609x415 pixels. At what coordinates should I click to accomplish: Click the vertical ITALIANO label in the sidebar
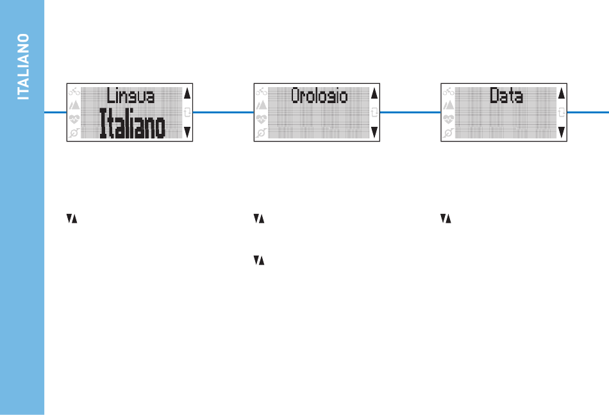pyautogui.click(x=23, y=67)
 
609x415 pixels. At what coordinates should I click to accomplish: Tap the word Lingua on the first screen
pyautogui.click(x=131, y=96)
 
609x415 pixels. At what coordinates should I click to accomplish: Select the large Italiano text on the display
pyautogui.click(x=133, y=123)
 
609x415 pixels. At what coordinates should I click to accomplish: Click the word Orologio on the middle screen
pyautogui.click(x=319, y=96)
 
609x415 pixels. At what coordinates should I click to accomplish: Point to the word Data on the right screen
pyautogui.click(x=506, y=95)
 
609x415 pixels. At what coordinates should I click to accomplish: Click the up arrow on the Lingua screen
pyautogui.click(x=187, y=94)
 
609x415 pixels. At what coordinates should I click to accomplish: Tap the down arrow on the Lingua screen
pyautogui.click(x=187, y=133)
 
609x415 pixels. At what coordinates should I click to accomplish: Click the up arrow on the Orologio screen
pyautogui.click(x=374, y=94)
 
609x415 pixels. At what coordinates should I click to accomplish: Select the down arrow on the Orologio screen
pyautogui.click(x=374, y=133)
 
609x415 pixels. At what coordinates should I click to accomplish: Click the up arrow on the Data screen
pyautogui.click(x=561, y=94)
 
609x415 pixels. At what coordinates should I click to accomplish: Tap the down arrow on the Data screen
pyautogui.click(x=561, y=133)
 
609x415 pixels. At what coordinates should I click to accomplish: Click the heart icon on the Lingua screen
pyautogui.click(x=74, y=118)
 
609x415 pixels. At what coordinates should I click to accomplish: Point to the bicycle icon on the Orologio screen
pyautogui.click(x=262, y=92)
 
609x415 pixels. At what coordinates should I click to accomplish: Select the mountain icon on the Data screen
pyautogui.click(x=448, y=105)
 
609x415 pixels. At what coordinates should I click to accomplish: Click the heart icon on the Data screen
pyautogui.click(x=448, y=118)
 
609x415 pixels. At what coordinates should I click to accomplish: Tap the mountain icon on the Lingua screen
pyautogui.click(x=74, y=105)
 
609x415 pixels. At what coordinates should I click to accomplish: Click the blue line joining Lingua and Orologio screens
pyautogui.click(x=223, y=113)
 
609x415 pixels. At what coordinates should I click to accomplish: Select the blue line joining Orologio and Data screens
pyautogui.click(x=410, y=113)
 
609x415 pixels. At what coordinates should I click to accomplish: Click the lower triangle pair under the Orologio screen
pyautogui.click(x=259, y=260)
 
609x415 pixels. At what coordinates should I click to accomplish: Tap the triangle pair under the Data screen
pyautogui.click(x=446, y=219)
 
